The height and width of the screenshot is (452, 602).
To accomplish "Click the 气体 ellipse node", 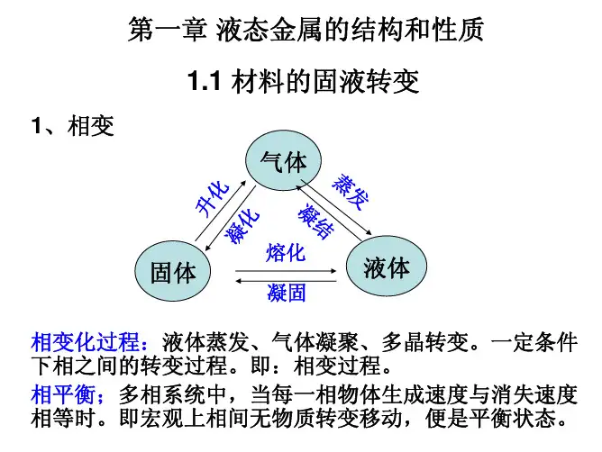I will [x=282, y=162].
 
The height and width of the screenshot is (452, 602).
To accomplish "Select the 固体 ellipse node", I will [x=173, y=271].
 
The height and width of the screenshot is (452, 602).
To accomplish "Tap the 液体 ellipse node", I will [x=387, y=267].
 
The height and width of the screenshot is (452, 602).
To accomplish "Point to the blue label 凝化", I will [x=243, y=225].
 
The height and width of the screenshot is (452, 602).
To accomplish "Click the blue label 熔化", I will [x=286, y=253].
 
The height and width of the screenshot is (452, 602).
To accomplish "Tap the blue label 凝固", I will [x=286, y=293].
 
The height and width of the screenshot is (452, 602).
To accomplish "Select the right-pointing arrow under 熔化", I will [x=286, y=269].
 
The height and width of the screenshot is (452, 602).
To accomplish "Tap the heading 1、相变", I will [x=72, y=126].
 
